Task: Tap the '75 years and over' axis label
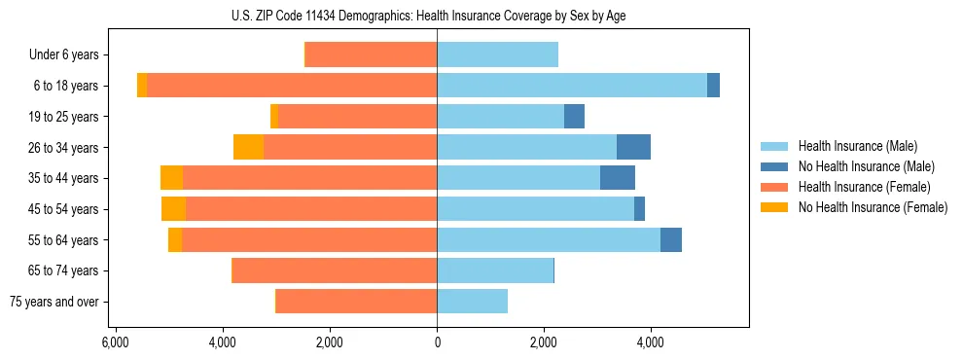pyautogui.click(x=54, y=302)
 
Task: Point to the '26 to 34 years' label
pyautogui.click(x=64, y=147)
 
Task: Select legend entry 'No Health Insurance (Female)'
pyautogui.click(x=873, y=207)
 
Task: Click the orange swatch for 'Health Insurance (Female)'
pyautogui.click(x=775, y=187)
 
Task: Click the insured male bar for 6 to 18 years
pyautogui.click(x=572, y=86)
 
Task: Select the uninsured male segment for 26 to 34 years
pyautogui.click(x=633, y=147)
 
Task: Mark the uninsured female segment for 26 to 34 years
pyautogui.click(x=249, y=147)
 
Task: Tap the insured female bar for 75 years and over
pyautogui.click(x=356, y=302)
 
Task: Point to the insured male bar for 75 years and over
pyautogui.click(x=472, y=302)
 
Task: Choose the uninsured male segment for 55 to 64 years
pyautogui.click(x=671, y=239)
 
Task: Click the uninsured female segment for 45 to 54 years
pyautogui.click(x=173, y=209)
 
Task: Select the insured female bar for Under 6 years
pyautogui.click(x=371, y=54)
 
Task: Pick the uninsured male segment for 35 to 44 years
pyautogui.click(x=618, y=178)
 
